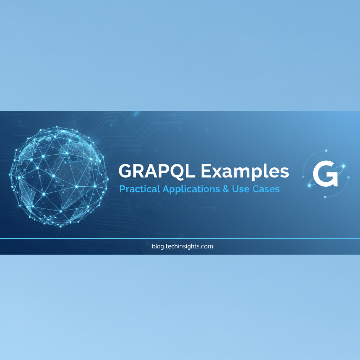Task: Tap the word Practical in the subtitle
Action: click(140, 189)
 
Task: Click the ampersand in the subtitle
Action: click(226, 189)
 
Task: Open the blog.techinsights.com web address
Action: click(182, 246)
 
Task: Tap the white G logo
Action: click(326, 174)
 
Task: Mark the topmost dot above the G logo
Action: click(326, 151)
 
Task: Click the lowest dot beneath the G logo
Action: click(325, 197)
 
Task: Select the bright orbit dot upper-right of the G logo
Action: click(343, 166)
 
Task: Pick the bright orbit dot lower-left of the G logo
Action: click(309, 185)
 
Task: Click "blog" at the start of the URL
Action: click(158, 246)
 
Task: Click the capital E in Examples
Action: click(207, 171)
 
